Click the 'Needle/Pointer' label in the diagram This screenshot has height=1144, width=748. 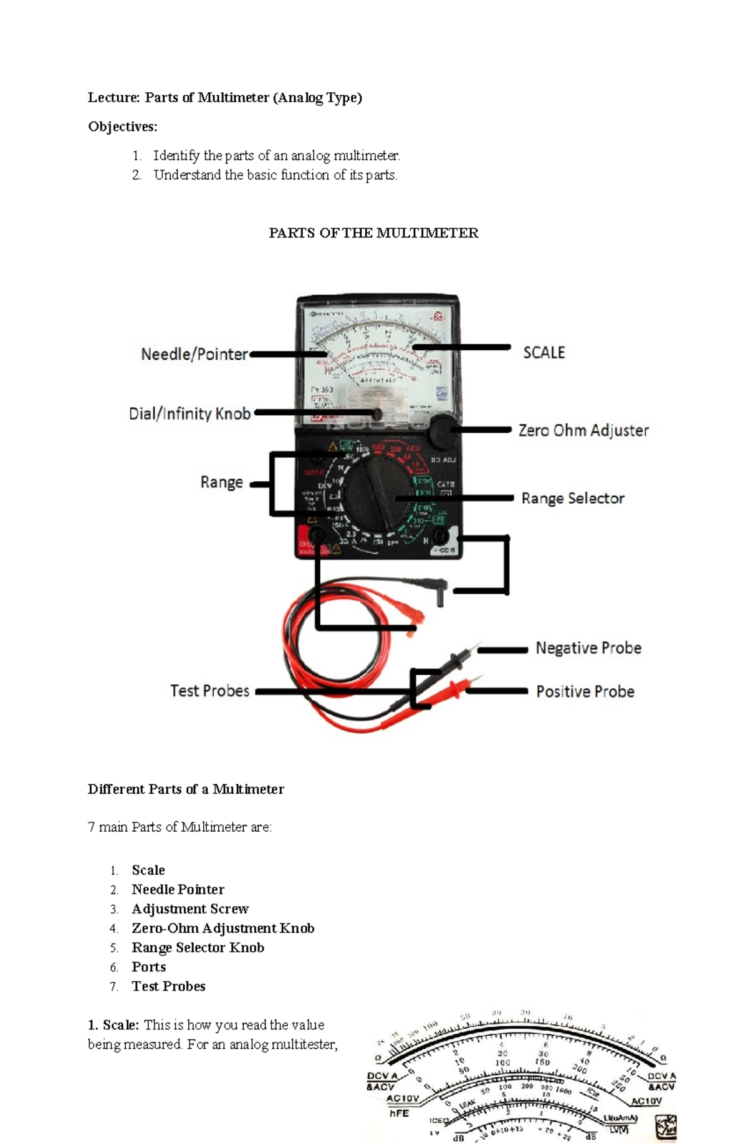[x=194, y=354]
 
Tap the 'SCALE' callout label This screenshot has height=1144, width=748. [x=544, y=353]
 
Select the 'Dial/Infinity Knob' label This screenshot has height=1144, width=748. [x=189, y=413]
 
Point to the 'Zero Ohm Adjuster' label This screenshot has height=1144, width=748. [x=583, y=430]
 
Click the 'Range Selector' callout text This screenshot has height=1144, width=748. [x=573, y=498]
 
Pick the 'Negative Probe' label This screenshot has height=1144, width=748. [x=588, y=648]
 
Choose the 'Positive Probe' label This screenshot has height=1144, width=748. [x=585, y=691]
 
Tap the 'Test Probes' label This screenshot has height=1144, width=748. [x=210, y=691]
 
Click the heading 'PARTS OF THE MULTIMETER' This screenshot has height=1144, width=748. [x=373, y=233]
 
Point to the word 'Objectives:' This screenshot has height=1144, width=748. [x=123, y=127]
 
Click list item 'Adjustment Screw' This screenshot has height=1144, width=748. [x=190, y=909]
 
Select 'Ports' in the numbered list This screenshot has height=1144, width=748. [x=149, y=967]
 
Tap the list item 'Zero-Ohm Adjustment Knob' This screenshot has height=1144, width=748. [x=223, y=928]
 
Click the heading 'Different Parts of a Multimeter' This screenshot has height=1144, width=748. [x=186, y=789]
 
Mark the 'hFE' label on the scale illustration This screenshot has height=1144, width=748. [x=399, y=1113]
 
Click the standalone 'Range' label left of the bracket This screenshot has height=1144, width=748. [x=221, y=483]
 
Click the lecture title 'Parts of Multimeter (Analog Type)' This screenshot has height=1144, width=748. [x=253, y=97]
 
